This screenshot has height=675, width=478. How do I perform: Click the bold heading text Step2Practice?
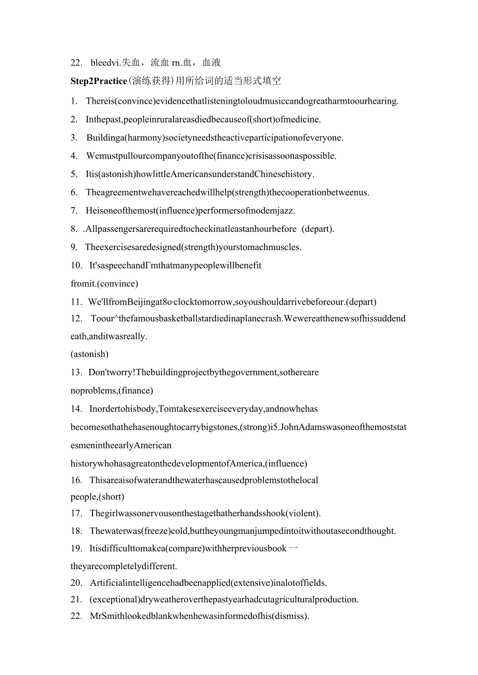tap(99, 81)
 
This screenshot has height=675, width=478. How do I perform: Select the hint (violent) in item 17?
tap(303, 513)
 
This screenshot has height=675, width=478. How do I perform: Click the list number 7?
tap(74, 211)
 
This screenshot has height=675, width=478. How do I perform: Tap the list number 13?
tap(76, 372)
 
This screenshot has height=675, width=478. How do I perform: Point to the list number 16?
tap(76, 480)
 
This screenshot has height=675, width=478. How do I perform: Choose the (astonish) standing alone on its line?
tap(89, 354)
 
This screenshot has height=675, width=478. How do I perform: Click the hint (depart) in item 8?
tap(318, 228)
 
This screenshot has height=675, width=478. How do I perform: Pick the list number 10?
tap(76, 265)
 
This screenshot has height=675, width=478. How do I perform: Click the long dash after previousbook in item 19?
tap(293, 548)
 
